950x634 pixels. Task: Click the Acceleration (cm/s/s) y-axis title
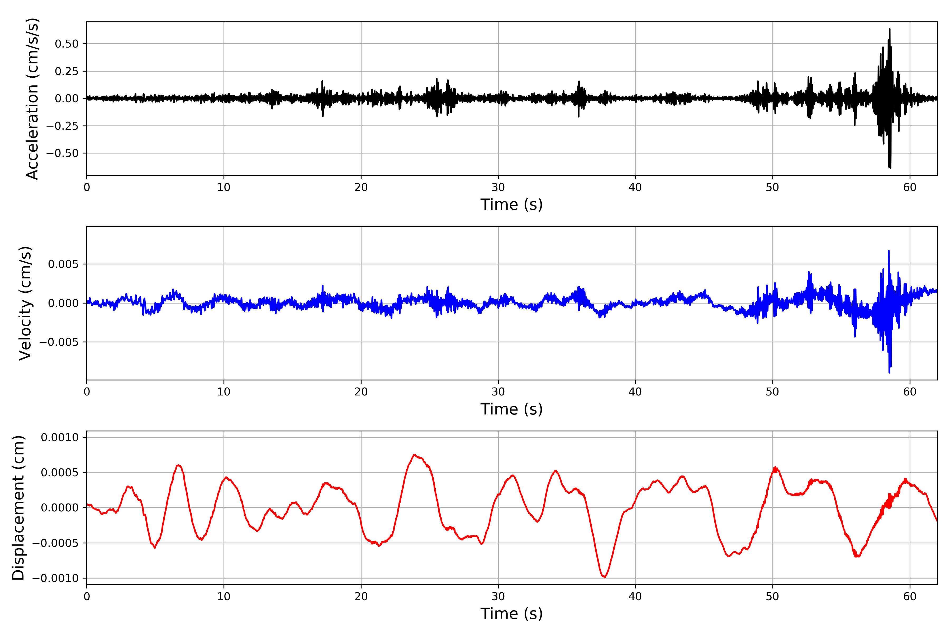32,98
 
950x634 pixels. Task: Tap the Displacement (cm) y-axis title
18,507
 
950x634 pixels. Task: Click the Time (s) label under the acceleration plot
511,204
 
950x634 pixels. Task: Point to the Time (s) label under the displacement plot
511,614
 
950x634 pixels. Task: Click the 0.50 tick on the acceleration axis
67,44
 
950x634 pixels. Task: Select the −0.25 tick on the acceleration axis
62,126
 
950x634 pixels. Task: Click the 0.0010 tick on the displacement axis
60,437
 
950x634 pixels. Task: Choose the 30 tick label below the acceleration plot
498,187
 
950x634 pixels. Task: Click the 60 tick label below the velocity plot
910,392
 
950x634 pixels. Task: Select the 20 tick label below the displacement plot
361,596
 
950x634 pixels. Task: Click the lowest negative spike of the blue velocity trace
889,372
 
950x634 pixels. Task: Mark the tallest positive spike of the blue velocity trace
889,251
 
